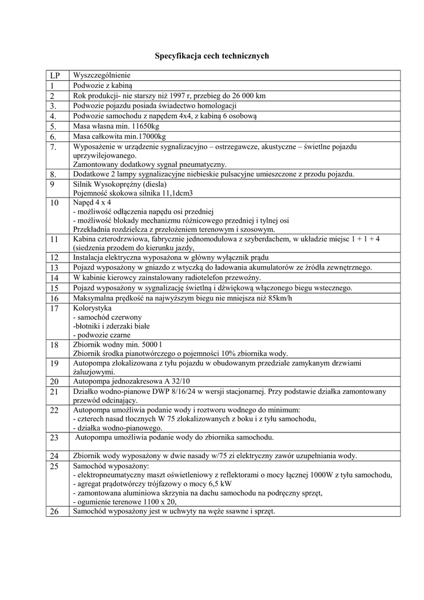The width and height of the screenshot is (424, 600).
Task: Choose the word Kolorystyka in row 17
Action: tap(92, 308)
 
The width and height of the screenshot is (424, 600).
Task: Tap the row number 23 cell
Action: tap(55, 437)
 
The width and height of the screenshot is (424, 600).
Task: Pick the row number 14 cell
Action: tap(55, 278)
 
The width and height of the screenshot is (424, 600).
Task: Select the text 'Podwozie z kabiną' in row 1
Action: tap(104, 86)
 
